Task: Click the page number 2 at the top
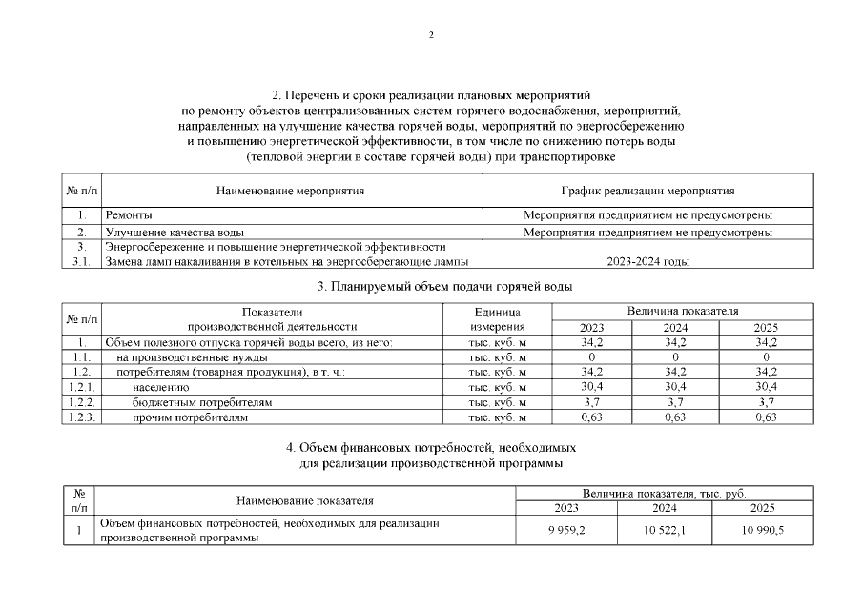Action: [431, 35]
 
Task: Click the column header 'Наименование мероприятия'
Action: [291, 191]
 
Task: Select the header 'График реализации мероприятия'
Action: [647, 191]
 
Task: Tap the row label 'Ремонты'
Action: [129, 215]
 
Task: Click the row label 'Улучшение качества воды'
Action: [174, 232]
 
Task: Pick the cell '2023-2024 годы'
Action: [647, 262]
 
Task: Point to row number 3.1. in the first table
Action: [81, 262]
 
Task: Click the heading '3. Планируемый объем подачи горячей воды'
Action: [431, 286]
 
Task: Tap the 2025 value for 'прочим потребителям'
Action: [766, 417]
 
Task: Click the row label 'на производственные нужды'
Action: [186, 356]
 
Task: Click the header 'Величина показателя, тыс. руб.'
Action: [665, 493]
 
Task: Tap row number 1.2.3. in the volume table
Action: [81, 417]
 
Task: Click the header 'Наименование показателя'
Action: [305, 500]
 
